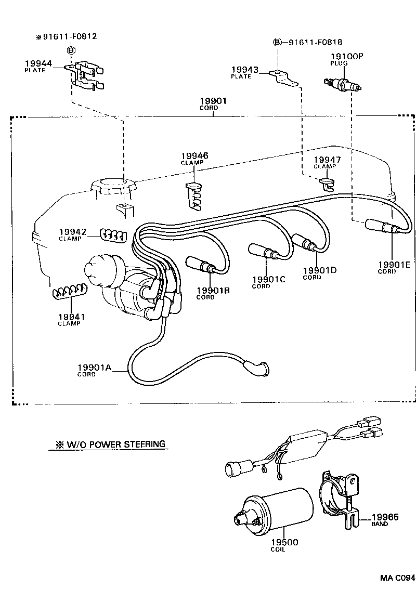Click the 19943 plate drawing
283,77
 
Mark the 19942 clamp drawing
112,234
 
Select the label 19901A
95,367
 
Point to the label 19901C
268,280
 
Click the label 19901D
320,270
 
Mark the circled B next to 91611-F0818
277,42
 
